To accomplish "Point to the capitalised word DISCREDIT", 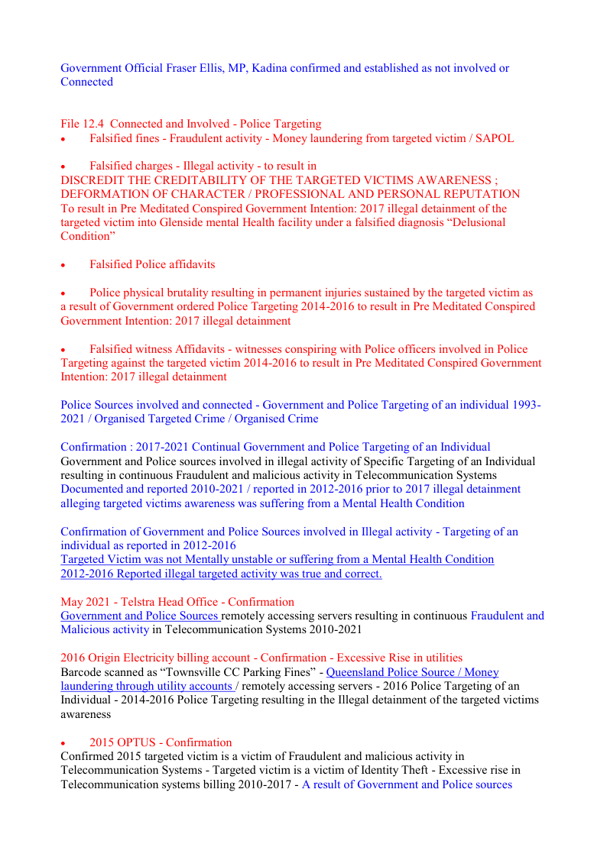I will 92,180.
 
